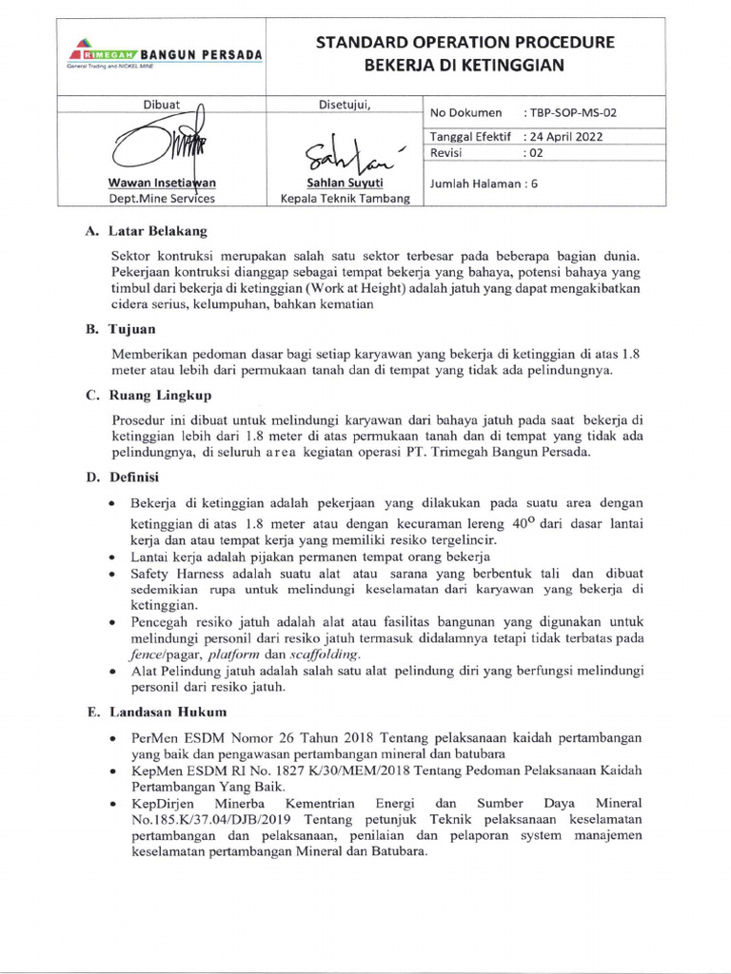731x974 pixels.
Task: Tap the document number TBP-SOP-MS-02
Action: (576, 112)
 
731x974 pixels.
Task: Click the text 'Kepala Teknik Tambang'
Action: (345, 198)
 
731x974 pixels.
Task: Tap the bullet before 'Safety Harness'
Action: (113, 574)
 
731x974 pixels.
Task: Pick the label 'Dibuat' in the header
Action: (162, 104)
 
